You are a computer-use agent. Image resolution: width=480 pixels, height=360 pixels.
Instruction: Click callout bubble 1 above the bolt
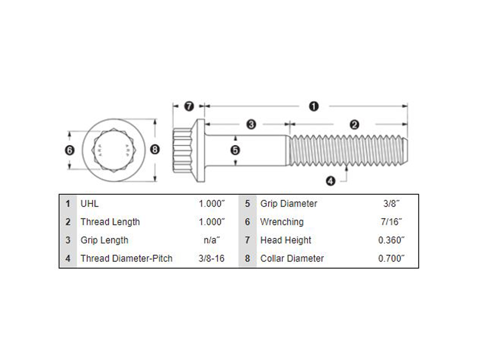[313, 106]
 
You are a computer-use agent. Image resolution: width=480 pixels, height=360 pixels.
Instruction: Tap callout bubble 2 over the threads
[354, 125]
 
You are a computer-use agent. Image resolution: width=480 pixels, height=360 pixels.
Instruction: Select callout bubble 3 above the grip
[251, 125]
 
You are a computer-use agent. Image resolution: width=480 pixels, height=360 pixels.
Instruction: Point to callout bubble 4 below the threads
[331, 181]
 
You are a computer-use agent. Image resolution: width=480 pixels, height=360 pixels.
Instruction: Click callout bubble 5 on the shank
[235, 150]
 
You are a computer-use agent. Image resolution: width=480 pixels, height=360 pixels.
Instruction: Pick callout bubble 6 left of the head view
[70, 150]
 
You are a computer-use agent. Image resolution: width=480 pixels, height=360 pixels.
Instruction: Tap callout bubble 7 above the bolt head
[189, 106]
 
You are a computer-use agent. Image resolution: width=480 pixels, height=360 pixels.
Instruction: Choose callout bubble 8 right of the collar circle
[155, 149]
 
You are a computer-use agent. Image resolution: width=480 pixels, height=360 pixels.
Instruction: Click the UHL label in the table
[89, 204]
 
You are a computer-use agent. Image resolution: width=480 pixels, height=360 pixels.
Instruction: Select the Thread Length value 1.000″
[212, 222]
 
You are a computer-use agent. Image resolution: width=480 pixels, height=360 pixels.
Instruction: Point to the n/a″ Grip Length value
[212, 240]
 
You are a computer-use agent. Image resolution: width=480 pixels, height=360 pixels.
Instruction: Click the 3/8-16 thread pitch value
[212, 258]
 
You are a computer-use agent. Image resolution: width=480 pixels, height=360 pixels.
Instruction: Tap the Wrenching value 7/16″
[391, 222]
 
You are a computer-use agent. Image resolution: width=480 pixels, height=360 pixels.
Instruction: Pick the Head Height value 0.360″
[391, 240]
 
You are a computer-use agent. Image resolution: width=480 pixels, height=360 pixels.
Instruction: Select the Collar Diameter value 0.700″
[391, 258]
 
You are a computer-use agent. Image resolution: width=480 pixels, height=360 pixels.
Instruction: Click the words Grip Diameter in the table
[288, 204]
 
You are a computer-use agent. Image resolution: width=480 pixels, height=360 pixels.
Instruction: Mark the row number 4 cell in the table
[68, 258]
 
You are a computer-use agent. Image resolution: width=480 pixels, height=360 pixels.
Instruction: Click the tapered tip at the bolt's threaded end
[405, 150]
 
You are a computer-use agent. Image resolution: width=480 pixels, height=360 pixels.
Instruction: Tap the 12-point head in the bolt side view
[182, 150]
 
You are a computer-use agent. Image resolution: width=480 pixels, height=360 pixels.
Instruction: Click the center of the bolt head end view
[114, 150]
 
